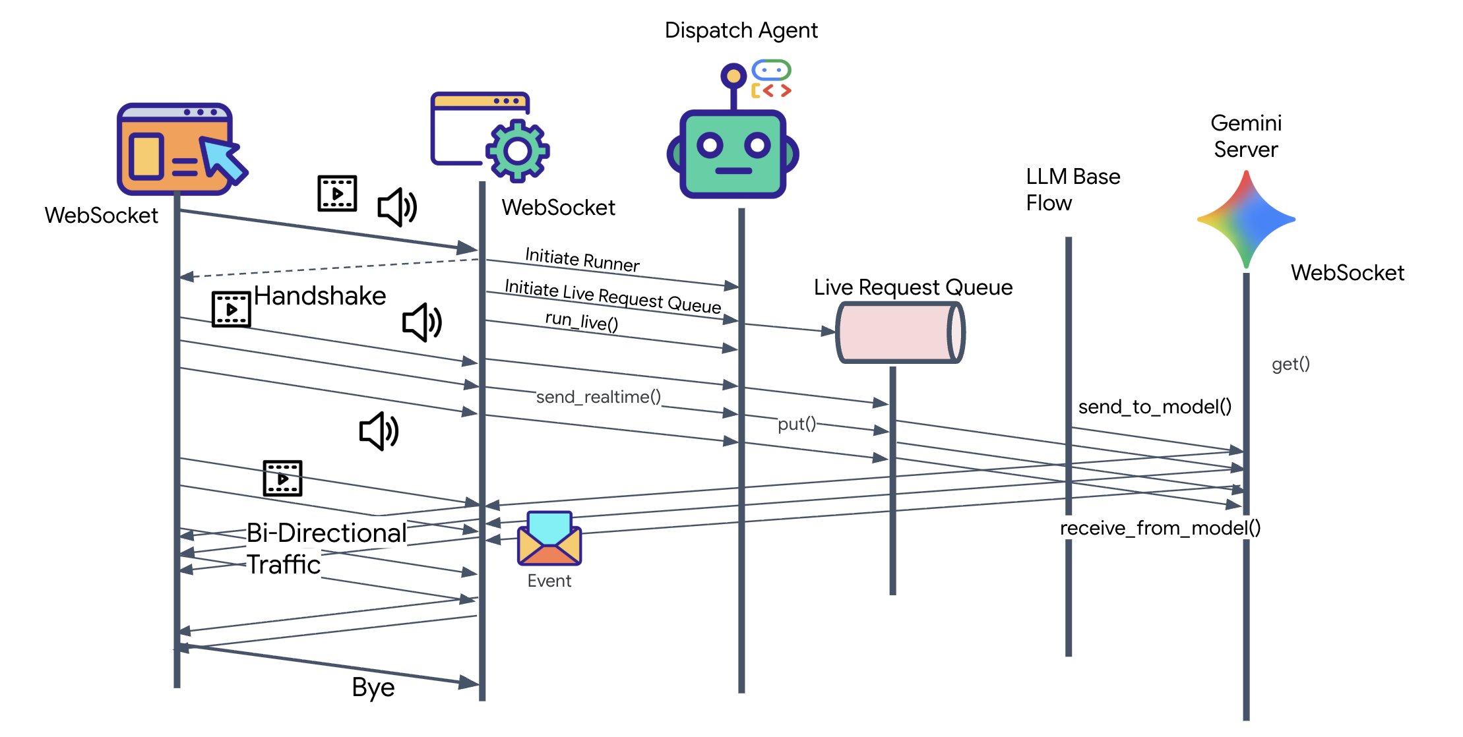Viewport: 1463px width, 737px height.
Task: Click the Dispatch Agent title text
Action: point(741,30)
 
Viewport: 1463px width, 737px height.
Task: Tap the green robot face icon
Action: point(733,153)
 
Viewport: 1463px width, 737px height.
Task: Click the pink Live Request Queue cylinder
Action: point(900,332)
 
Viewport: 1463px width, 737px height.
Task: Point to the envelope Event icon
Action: point(549,539)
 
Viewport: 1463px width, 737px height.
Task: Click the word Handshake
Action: point(320,296)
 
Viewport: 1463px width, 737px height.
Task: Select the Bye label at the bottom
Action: point(373,688)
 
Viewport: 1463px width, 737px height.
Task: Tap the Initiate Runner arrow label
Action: point(582,259)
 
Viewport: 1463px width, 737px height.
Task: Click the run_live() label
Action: point(581,321)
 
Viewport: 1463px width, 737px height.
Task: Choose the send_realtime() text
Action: point(598,397)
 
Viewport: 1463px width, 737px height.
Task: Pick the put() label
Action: point(797,423)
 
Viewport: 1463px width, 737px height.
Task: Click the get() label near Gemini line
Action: point(1290,364)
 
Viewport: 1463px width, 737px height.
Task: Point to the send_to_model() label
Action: point(1154,407)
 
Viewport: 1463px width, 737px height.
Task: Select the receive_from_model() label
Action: point(1160,528)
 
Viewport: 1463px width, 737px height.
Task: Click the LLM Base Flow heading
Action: point(1073,190)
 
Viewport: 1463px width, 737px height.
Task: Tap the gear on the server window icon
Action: point(518,151)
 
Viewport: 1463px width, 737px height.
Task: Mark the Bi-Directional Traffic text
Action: point(326,548)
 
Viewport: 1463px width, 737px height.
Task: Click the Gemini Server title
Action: point(1246,136)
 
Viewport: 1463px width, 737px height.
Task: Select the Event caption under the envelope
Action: point(549,581)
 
